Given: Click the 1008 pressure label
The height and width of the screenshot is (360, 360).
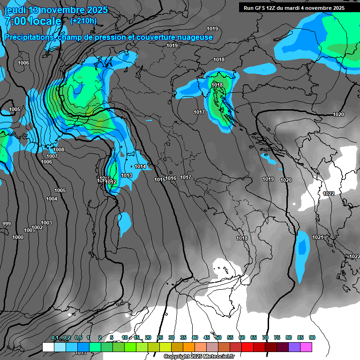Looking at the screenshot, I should (x=59, y=150).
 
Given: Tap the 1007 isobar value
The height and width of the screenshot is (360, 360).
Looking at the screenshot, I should (x=52, y=156).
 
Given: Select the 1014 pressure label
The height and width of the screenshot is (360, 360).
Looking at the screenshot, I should (x=140, y=167).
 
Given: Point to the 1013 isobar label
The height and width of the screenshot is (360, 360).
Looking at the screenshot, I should (x=126, y=176).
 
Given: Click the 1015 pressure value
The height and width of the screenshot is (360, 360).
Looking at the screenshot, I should (x=160, y=180).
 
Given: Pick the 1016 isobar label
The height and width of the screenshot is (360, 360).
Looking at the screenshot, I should (x=171, y=178).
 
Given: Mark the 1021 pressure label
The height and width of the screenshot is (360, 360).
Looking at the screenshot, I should (x=318, y=237).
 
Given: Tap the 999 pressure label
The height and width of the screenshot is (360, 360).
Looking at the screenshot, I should (x=6, y=224).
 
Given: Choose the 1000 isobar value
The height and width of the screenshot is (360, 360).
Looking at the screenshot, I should (x=18, y=238).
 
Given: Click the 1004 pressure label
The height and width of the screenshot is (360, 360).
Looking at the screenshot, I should (x=52, y=199).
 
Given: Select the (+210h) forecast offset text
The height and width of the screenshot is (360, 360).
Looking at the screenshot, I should (x=83, y=21).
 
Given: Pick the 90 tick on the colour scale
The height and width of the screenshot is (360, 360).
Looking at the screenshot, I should (x=312, y=337).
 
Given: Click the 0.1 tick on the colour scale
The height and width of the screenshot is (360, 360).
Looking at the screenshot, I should (x=54, y=337).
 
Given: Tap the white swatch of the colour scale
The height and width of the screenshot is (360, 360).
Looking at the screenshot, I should (x=48, y=347).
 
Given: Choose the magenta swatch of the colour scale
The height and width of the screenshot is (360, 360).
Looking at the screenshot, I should (x=306, y=347).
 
